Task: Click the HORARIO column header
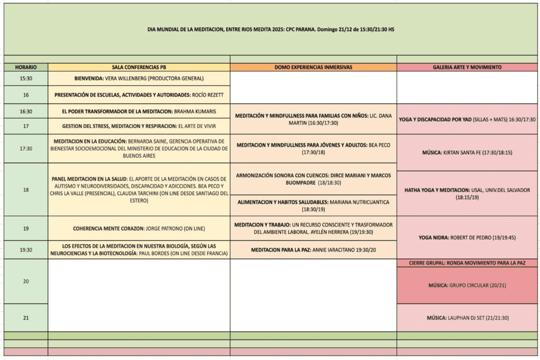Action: (26, 67)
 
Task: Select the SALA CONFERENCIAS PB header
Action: (139, 67)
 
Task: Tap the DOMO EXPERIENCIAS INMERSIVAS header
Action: (313, 67)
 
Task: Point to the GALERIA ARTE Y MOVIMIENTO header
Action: (467, 67)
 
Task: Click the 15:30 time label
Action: (26, 79)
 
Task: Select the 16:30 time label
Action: (26, 111)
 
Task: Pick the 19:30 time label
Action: (26, 250)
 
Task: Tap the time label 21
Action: (26, 318)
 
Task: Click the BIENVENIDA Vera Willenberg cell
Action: (139, 79)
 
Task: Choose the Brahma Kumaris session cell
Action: (139, 111)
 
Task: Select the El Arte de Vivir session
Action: (139, 127)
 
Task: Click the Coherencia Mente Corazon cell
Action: (139, 228)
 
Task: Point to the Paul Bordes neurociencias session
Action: (139, 250)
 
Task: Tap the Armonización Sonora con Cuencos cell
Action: (313, 179)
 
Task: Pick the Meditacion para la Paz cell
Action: (313, 250)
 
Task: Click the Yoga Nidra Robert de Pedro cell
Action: (467, 238)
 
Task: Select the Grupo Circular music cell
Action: (467, 286)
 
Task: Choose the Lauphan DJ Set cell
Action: (467, 318)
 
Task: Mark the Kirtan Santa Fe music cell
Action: (467, 152)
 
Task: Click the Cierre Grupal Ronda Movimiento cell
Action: (467, 262)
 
